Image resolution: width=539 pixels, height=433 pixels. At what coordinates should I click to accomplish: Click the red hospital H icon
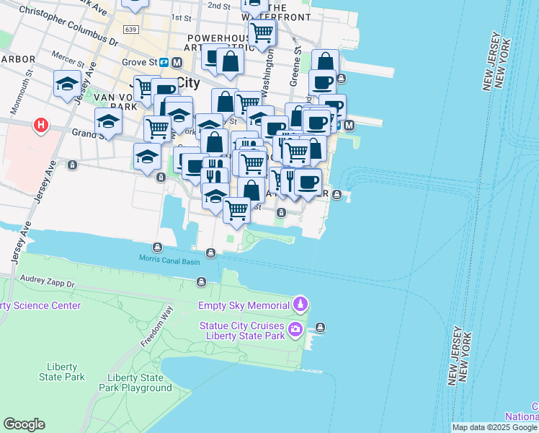tap(41, 126)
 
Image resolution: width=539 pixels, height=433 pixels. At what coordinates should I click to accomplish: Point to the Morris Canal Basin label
tap(170, 261)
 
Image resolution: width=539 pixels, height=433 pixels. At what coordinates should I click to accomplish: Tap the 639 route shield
tap(130, 30)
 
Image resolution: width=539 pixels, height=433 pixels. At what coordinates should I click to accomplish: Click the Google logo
tap(24, 424)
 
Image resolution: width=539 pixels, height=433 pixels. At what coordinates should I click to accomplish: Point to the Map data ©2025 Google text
tap(495, 427)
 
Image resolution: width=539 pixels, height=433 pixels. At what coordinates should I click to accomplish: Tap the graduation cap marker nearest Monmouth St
tap(67, 83)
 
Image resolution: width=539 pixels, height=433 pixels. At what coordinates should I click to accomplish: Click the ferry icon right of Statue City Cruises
tap(321, 328)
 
